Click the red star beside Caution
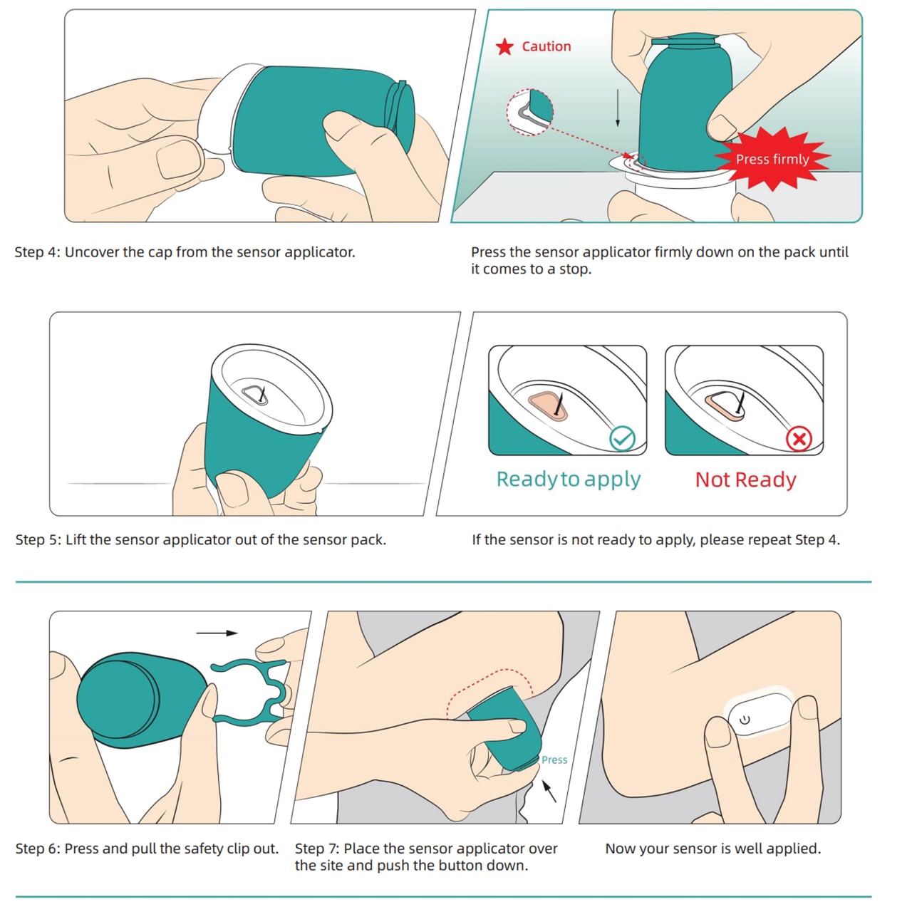[x=504, y=47]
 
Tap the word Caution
[x=546, y=46]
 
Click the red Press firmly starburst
[x=772, y=159]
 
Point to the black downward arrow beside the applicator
[x=617, y=108]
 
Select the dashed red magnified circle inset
[x=529, y=112]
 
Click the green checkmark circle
[x=622, y=438]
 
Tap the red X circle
[x=799, y=439]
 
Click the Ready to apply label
[x=569, y=480]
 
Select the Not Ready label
[x=745, y=480]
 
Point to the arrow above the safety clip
[x=217, y=633]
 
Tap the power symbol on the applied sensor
[x=745, y=720]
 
